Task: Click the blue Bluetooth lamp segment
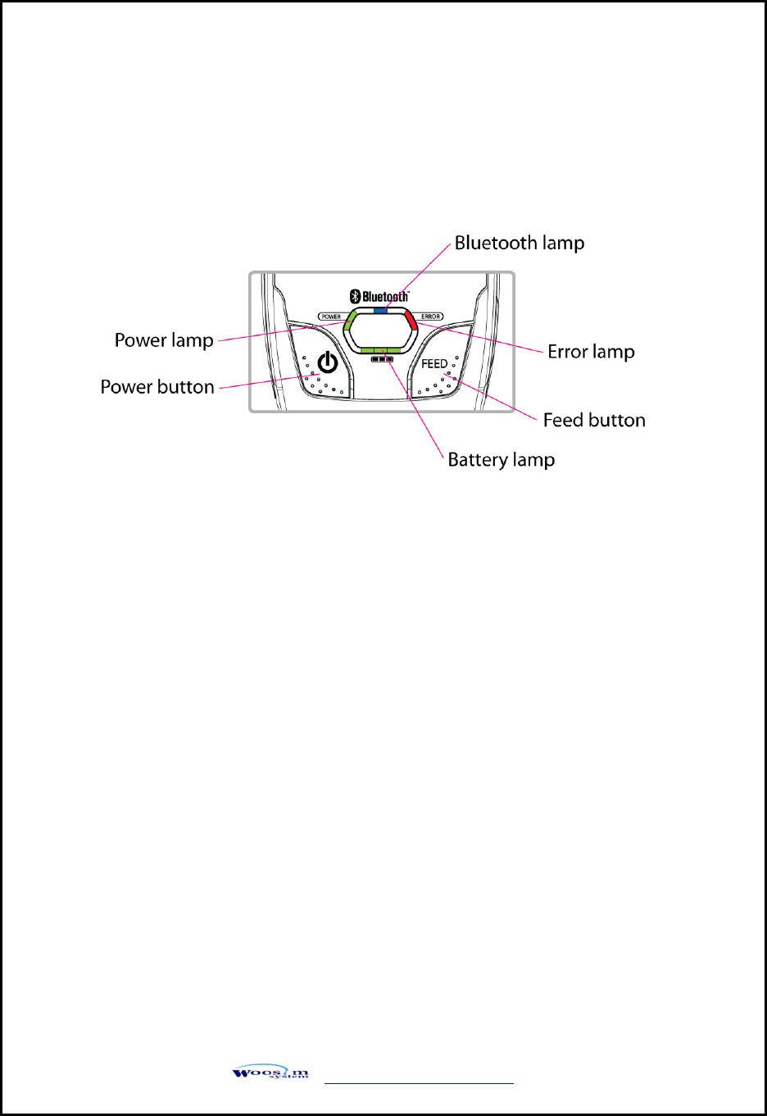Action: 380,312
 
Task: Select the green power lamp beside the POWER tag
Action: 349,319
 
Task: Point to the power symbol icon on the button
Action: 328,362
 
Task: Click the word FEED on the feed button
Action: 434,363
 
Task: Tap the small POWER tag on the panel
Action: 331,317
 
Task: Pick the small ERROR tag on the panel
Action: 431,317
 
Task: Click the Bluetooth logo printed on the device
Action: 379,296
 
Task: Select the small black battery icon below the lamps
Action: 382,358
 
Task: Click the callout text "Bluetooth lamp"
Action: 520,243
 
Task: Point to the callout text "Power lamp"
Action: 164,340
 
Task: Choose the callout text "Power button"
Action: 157,387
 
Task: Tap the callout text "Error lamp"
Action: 591,352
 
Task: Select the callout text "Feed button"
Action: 594,420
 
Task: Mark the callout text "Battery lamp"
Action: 501,460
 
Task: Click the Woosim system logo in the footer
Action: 270,1073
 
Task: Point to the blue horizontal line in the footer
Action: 419,1083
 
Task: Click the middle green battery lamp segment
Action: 380,350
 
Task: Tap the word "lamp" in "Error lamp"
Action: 614,353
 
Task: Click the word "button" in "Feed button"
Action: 617,420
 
